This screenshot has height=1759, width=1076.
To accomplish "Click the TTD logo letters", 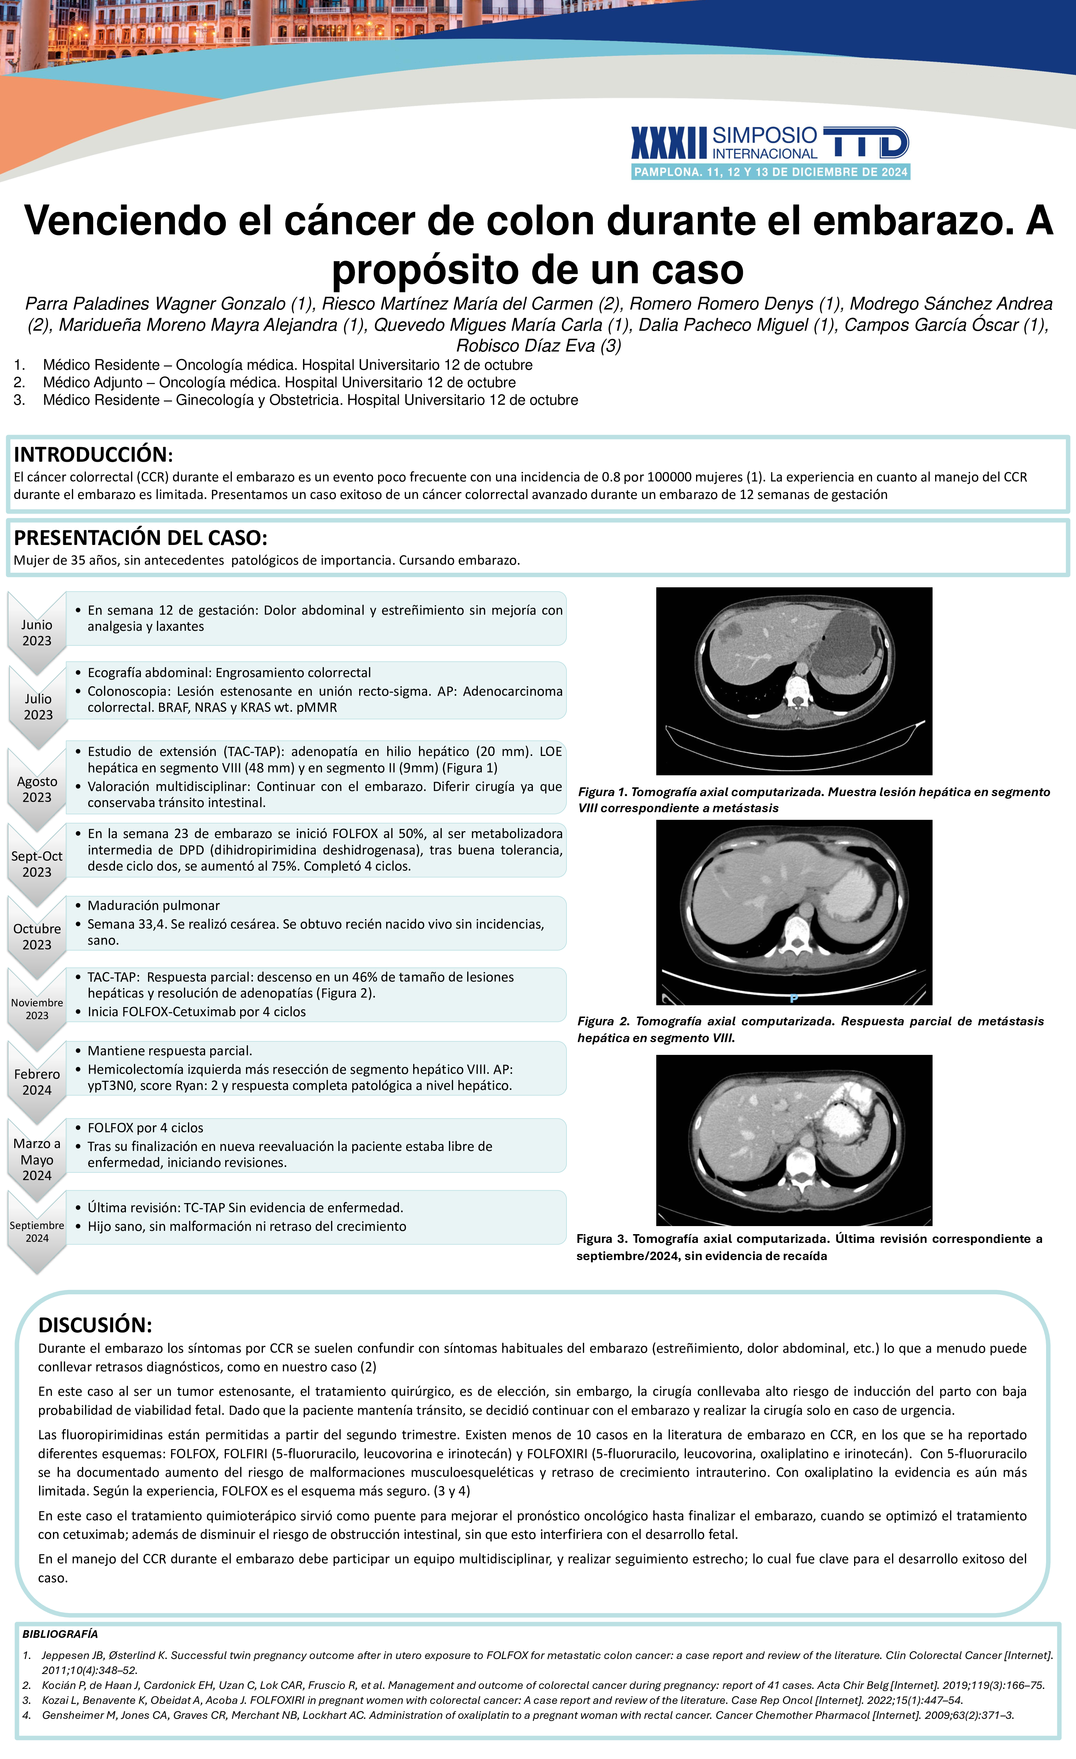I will point(865,143).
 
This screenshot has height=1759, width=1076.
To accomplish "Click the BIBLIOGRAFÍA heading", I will point(60,1634).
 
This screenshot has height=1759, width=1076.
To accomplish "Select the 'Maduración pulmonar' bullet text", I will point(154,905).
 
